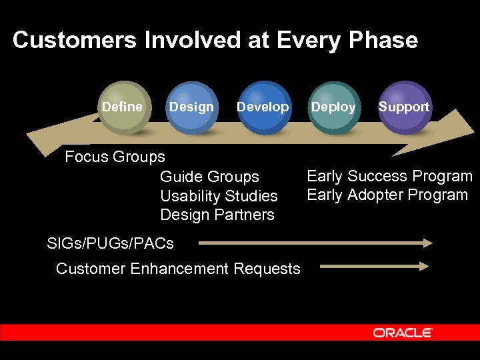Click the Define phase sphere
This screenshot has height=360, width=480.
pyautogui.click(x=123, y=107)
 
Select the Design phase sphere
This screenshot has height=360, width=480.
pyautogui.click(x=191, y=107)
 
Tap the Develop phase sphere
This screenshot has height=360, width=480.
pyautogui.click(x=263, y=107)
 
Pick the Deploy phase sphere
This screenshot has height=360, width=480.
pyautogui.click(x=333, y=107)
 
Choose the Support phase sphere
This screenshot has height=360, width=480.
pyautogui.click(x=404, y=107)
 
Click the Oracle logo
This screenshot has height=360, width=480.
pyautogui.click(x=403, y=333)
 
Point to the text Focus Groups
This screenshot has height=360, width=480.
pyautogui.click(x=115, y=157)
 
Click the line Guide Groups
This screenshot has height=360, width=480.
pyautogui.click(x=209, y=177)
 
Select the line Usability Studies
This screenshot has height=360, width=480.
pyautogui.click(x=219, y=196)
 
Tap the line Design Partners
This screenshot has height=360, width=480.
pyautogui.click(x=217, y=215)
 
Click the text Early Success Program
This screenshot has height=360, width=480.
pyautogui.click(x=389, y=176)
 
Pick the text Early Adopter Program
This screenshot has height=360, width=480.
pyautogui.click(x=387, y=195)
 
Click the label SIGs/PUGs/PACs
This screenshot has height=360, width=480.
pyautogui.click(x=111, y=243)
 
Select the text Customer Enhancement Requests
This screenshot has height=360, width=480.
pyautogui.click(x=178, y=269)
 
